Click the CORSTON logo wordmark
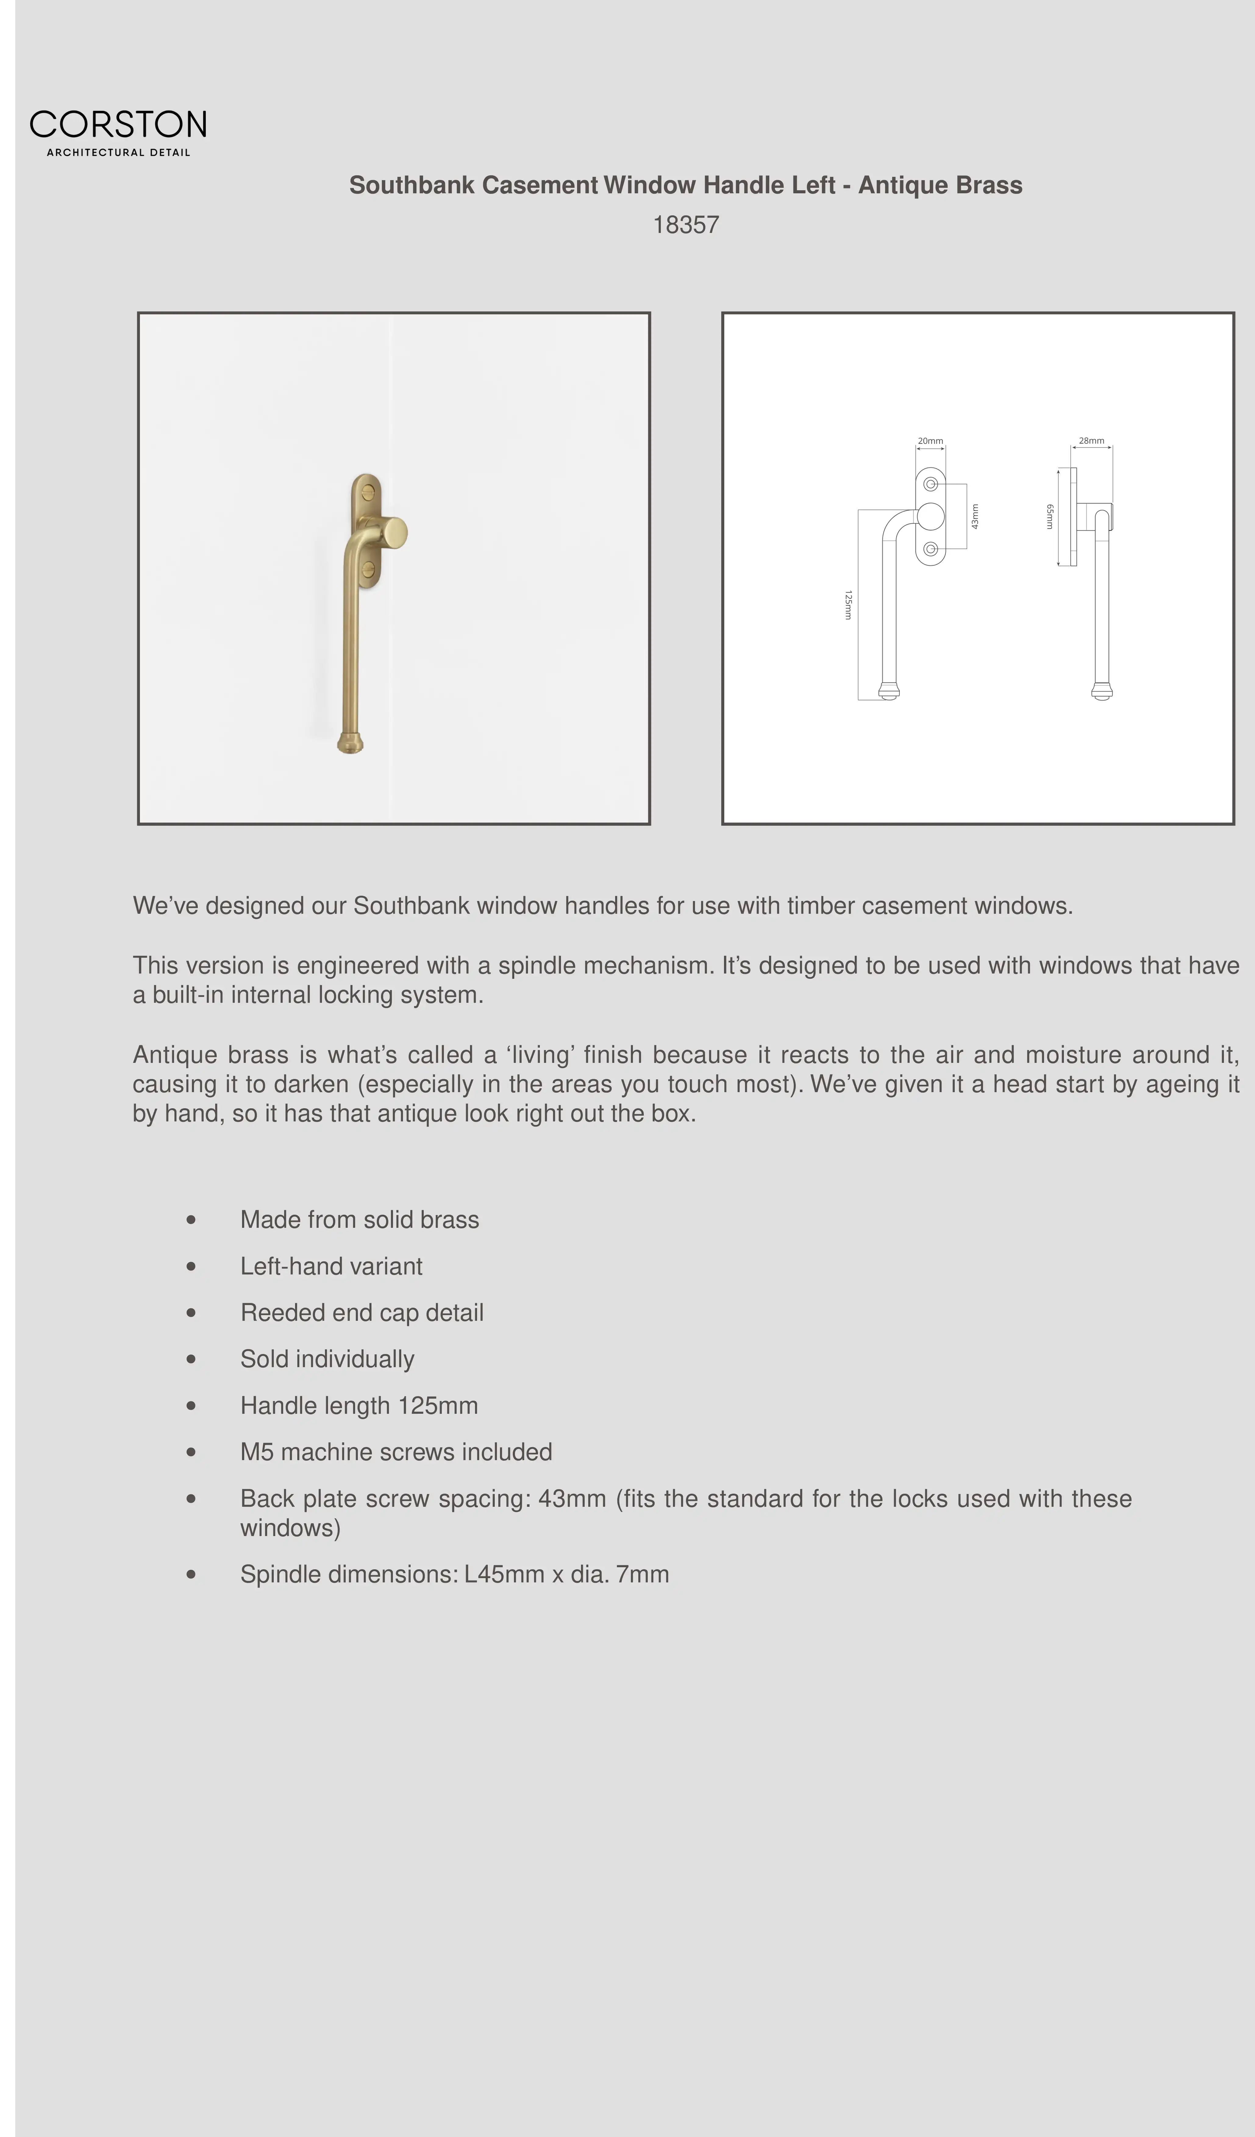pyautogui.click(x=118, y=125)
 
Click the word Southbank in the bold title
pyautogui.click(x=411, y=185)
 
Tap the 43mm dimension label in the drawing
pyautogui.click(x=975, y=516)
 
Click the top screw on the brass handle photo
pyautogui.click(x=367, y=490)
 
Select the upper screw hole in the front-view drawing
pyautogui.click(x=930, y=484)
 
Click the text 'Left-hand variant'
pyautogui.click(x=331, y=1266)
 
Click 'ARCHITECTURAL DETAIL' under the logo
pyautogui.click(x=118, y=153)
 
